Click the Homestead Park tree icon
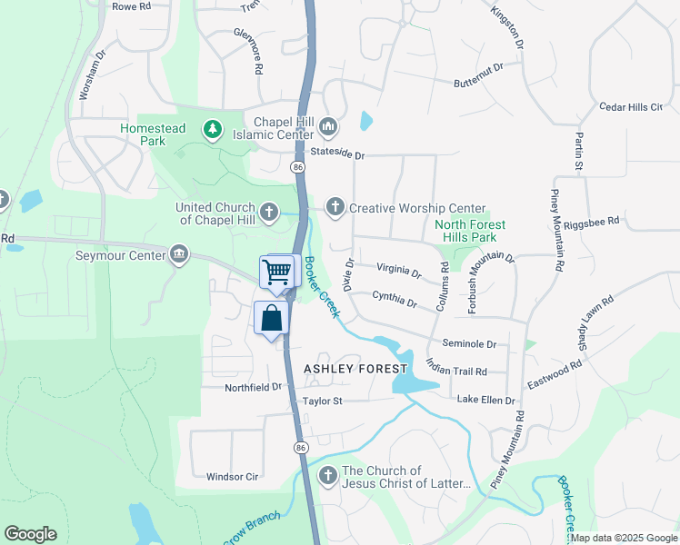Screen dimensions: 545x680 (x=213, y=130)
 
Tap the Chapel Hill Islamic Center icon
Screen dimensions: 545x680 (x=328, y=124)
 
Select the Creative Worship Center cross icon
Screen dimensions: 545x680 (x=335, y=208)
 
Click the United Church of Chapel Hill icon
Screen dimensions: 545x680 (x=268, y=213)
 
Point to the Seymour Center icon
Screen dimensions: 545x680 (x=179, y=254)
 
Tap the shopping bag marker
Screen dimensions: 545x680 (x=271, y=319)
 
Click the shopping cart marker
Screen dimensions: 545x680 (x=277, y=271)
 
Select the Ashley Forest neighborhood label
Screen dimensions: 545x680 (x=355, y=369)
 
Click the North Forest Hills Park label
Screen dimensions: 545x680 (x=470, y=231)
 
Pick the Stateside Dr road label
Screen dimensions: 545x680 (x=336, y=154)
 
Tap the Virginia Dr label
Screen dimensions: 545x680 (x=399, y=271)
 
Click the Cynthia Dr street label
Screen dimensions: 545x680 (x=395, y=298)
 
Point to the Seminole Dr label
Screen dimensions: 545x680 (x=469, y=344)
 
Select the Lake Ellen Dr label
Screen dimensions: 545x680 (x=485, y=400)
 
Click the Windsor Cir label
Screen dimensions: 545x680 (x=233, y=476)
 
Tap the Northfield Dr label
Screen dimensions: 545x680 (x=254, y=387)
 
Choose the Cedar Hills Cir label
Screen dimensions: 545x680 (x=631, y=107)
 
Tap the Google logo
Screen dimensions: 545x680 (x=30, y=534)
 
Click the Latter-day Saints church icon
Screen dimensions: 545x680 (x=327, y=476)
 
